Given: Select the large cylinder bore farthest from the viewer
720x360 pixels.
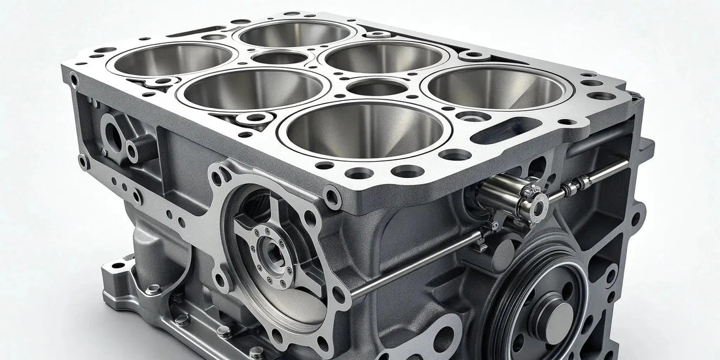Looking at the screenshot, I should tap(295, 34).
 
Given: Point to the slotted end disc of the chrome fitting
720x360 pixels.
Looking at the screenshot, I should tap(539, 204).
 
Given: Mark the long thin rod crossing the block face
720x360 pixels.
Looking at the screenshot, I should tap(419, 262).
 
